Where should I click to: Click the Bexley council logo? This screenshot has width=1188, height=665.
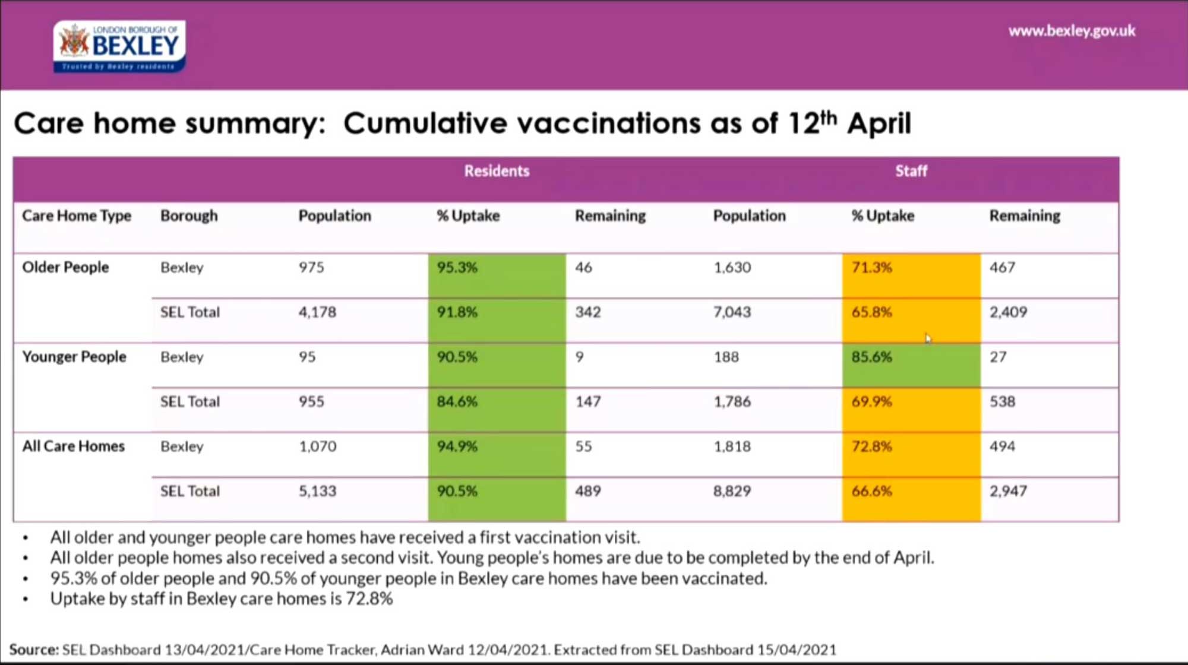tap(119, 46)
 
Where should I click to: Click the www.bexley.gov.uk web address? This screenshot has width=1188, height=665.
tap(1071, 31)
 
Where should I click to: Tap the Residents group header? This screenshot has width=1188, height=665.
tap(497, 171)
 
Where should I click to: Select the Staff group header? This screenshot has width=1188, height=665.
tap(911, 171)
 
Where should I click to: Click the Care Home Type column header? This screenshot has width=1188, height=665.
tap(77, 216)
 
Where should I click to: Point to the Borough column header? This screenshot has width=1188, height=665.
tap(189, 216)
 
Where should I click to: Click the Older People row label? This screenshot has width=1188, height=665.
tap(65, 267)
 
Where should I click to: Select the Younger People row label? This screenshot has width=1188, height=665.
tap(74, 357)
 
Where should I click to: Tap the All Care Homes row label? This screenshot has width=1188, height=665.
tap(74, 446)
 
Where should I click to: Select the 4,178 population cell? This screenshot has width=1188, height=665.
tap(317, 312)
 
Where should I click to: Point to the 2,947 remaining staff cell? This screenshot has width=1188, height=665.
tap(1008, 491)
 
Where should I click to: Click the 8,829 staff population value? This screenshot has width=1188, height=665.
tap(732, 491)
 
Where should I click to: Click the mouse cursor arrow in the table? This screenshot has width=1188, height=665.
tap(928, 338)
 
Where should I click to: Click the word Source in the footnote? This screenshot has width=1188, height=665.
tap(33, 650)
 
